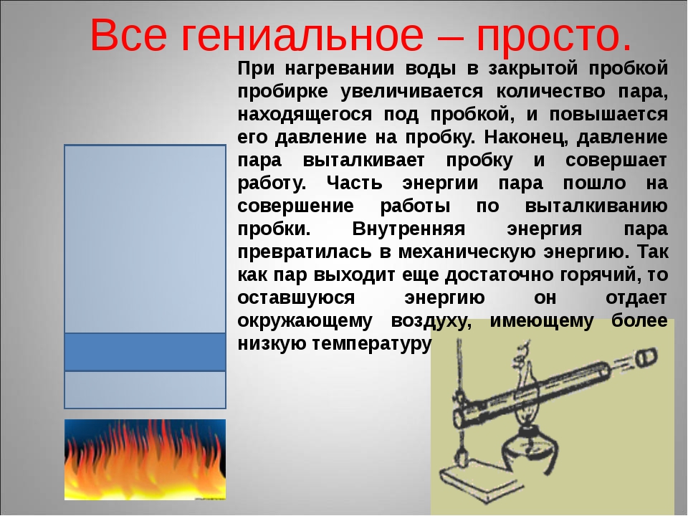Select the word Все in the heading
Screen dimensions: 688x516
coord(128,35)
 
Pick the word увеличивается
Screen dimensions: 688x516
coord(411,92)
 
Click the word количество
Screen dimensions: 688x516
coord(550,92)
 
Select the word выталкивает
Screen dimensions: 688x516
coord(364,160)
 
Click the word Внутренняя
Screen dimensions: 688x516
coord(408,229)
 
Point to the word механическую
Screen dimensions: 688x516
coord(467,252)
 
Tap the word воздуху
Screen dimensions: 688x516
coord(431,321)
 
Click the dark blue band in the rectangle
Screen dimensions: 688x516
coord(145,352)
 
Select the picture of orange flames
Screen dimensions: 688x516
coord(145,459)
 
